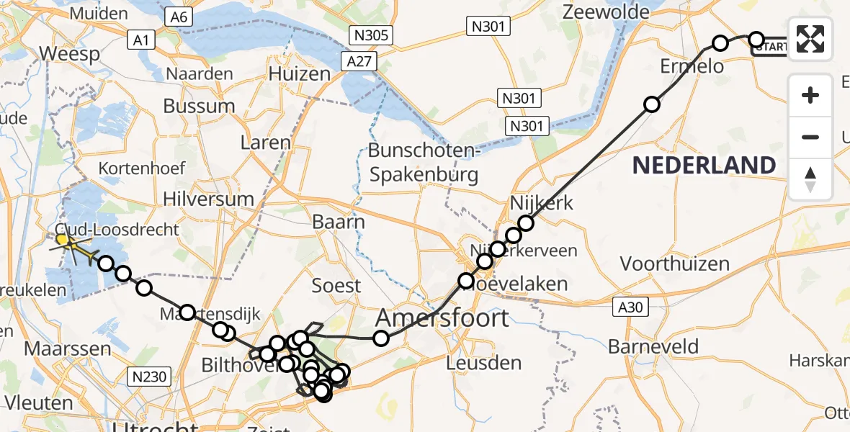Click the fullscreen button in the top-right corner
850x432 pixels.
coord(810,39)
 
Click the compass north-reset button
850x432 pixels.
coord(810,179)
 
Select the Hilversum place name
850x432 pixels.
coord(209,199)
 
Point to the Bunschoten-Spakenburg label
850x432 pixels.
coord(423,163)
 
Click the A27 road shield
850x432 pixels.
coord(358,61)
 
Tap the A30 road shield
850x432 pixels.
coord(629,307)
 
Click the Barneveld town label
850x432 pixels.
coord(653,346)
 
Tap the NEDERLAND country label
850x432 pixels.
coord(704,165)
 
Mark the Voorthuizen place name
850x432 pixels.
coord(675,264)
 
